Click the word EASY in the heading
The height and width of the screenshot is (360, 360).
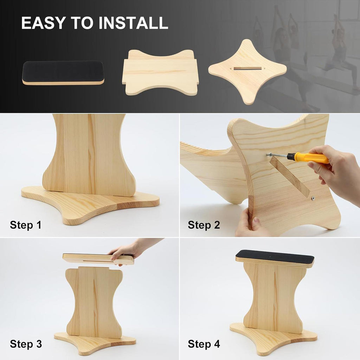(x=44, y=23)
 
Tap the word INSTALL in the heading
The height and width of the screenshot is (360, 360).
(x=134, y=23)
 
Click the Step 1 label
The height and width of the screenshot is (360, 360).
(x=26, y=225)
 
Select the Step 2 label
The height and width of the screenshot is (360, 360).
(x=204, y=225)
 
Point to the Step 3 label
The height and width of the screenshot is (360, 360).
(x=26, y=344)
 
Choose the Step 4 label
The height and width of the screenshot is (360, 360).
(x=204, y=344)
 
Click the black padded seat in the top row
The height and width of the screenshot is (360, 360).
(x=63, y=73)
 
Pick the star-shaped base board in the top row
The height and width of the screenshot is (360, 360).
(x=247, y=71)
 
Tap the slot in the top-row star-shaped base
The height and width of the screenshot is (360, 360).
(x=247, y=69)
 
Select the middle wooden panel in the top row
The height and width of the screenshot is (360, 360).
(x=160, y=72)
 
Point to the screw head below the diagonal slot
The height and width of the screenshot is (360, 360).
(x=313, y=198)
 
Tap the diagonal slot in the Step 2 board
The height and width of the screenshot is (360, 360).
(x=290, y=176)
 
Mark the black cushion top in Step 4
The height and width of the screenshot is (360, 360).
(x=275, y=257)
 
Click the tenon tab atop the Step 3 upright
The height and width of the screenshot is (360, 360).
(x=94, y=268)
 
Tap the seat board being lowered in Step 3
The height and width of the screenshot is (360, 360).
(x=98, y=259)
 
